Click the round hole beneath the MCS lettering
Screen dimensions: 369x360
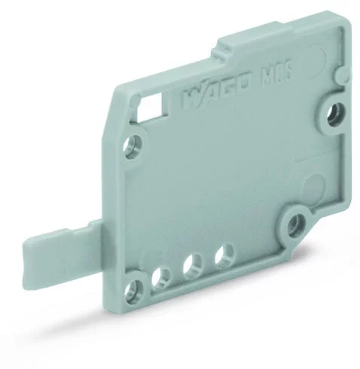click(x=330, y=114)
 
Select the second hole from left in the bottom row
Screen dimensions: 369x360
click(x=160, y=276)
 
